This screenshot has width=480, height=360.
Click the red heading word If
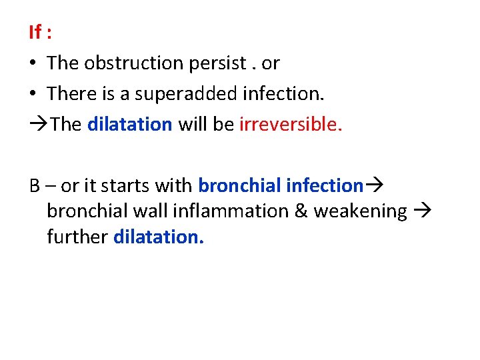(35, 31)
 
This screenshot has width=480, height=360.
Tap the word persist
(222, 63)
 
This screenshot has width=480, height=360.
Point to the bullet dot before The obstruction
(33, 63)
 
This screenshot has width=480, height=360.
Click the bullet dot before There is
(33, 94)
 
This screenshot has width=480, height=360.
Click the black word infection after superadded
(283, 94)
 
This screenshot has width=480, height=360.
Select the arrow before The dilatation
(39, 125)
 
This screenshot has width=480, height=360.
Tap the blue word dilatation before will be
(130, 125)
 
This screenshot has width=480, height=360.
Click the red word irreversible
(290, 125)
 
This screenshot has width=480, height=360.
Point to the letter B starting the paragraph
(35, 185)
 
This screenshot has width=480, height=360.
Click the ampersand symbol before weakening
(300, 211)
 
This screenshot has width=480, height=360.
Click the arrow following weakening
(422, 211)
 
